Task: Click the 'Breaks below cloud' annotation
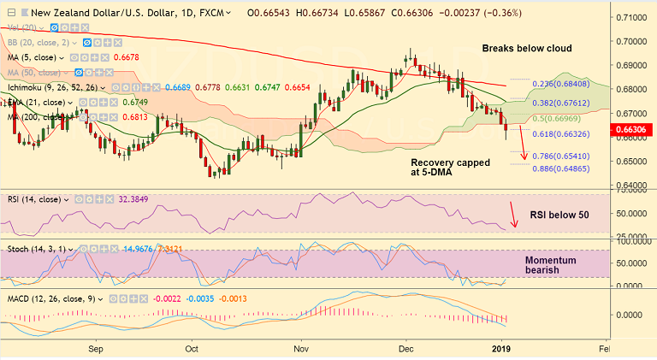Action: [526, 48]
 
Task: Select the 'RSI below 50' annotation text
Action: [559, 215]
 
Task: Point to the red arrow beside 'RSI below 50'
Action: [513, 215]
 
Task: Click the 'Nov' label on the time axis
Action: [300, 350]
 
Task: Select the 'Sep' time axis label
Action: [96, 350]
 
